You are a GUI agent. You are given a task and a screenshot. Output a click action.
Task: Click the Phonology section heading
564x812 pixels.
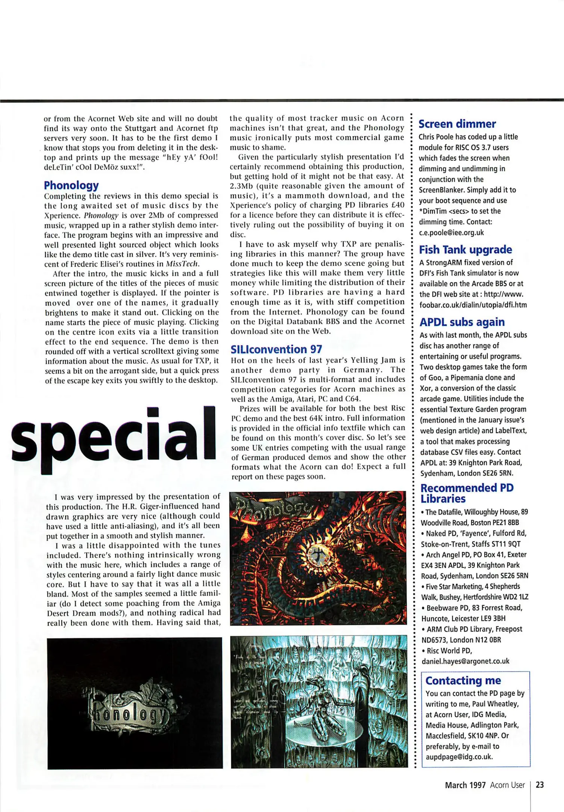tap(71, 185)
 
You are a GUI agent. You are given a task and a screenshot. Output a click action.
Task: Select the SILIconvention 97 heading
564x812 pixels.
tap(276, 349)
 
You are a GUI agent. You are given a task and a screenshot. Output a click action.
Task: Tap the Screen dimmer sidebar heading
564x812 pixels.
tap(457, 124)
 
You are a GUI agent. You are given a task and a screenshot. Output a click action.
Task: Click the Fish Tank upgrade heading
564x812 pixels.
tap(465, 250)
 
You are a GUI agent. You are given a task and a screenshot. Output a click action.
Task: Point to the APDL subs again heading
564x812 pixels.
tap(462, 322)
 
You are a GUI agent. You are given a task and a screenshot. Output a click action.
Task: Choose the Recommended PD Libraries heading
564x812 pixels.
tap(467, 493)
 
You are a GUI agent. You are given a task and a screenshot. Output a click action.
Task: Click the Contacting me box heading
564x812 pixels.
tap(463, 680)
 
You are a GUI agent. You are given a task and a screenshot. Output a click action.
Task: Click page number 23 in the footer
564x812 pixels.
tap(540, 785)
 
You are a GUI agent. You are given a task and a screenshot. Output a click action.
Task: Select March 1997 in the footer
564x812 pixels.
tap(465, 785)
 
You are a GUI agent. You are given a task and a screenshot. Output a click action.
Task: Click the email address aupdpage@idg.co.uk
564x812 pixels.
tap(459, 757)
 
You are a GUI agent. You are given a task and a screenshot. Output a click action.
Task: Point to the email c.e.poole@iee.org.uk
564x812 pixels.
tap(452, 232)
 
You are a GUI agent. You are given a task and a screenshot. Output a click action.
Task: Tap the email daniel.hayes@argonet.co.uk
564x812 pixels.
tap(465, 661)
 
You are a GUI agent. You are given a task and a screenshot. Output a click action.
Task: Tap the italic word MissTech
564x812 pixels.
tap(182, 264)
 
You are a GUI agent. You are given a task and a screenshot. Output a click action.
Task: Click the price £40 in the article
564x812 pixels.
tap(397, 205)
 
